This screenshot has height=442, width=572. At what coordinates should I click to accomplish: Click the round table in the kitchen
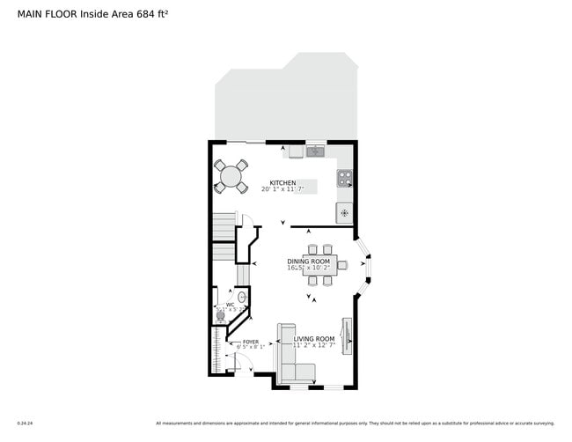coord(231,175)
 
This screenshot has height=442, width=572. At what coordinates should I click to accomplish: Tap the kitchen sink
coord(315,151)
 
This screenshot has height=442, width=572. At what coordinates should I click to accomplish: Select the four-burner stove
coord(345,179)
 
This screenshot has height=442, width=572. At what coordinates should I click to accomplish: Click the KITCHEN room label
coord(282,183)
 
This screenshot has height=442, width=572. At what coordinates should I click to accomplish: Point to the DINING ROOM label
coord(308,262)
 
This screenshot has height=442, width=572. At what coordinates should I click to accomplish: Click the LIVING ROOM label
coord(314,339)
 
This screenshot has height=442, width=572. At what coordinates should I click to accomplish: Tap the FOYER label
coord(251,341)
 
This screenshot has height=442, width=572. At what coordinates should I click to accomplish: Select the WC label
coord(230,305)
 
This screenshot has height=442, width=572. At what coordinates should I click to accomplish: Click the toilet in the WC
coord(220,314)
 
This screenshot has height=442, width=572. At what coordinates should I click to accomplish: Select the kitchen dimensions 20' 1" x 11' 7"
coord(282,189)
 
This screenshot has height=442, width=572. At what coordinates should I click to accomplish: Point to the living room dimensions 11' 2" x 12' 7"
coord(314,346)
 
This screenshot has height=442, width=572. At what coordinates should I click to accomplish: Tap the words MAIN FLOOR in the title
coord(48,14)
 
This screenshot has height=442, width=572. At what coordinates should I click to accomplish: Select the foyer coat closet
coord(216,350)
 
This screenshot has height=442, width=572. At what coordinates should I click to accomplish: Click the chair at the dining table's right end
coord(342,264)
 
